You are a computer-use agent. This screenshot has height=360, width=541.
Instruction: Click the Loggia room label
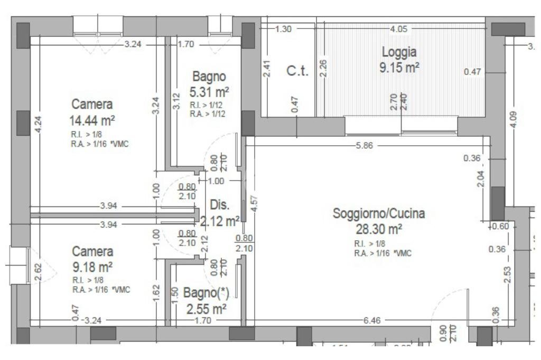(399, 52)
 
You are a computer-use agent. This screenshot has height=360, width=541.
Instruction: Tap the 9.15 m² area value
(399, 68)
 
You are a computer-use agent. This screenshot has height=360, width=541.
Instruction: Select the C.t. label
(297, 72)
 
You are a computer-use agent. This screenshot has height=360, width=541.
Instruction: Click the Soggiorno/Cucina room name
(378, 214)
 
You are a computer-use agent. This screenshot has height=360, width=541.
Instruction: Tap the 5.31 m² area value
(210, 92)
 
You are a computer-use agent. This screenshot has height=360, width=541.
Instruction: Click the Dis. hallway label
(219, 205)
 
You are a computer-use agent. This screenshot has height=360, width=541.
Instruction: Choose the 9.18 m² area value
(92, 266)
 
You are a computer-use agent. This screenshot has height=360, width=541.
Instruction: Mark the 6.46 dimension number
(374, 320)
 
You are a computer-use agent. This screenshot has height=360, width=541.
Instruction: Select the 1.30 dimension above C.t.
(284, 29)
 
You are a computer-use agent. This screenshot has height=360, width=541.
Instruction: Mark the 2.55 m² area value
(207, 308)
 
